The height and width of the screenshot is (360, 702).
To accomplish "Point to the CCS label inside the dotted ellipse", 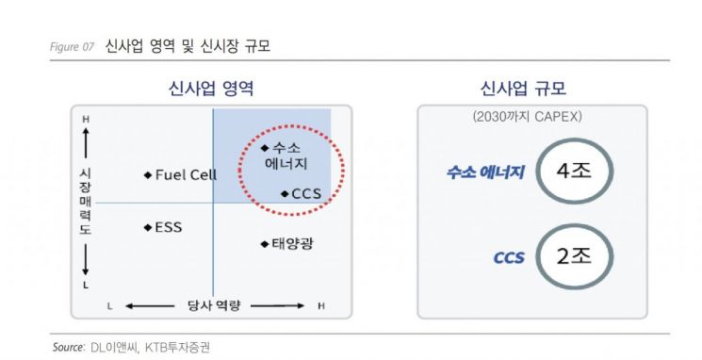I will click(307, 193).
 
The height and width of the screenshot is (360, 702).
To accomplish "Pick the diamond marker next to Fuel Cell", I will click(148, 174).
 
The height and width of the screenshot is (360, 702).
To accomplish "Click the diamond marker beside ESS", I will click(148, 227).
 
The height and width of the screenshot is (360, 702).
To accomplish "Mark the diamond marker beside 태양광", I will click(265, 244).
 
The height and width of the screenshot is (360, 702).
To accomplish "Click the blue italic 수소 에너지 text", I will click(487, 172).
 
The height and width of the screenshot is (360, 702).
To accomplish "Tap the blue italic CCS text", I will click(509, 256).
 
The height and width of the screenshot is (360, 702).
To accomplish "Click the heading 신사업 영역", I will click(210, 90).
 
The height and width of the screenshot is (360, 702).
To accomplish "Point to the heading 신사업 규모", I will click(531, 90).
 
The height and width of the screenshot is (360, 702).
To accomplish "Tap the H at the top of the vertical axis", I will click(86, 119).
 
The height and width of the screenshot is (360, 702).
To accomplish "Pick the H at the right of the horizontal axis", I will click(321, 305).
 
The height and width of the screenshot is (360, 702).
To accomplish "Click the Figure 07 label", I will click(73, 46).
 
